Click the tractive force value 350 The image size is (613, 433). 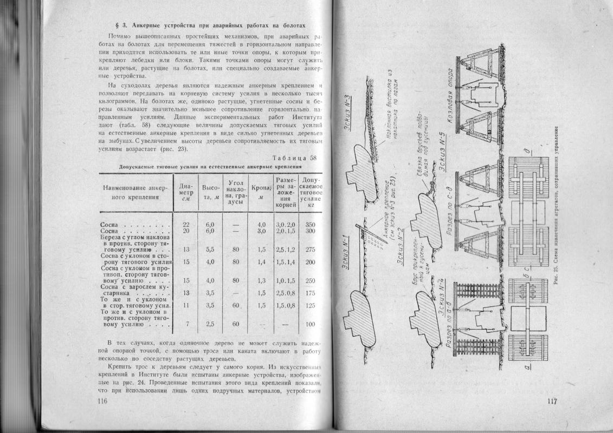click(x=310, y=224)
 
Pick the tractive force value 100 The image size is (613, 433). click(x=310, y=324)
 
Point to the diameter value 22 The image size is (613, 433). click(x=186, y=224)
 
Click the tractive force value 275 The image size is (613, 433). click(x=310, y=250)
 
